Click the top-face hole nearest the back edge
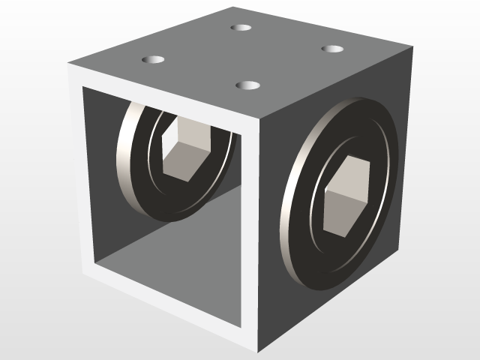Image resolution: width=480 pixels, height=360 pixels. coord(241,28)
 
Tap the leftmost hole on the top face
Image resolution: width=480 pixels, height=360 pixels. coord(153,58)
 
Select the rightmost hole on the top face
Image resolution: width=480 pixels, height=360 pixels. coord(332,49)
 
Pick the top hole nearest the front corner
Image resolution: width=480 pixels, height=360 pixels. coord(247,85)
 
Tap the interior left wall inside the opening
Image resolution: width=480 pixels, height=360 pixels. coord(101,180)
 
